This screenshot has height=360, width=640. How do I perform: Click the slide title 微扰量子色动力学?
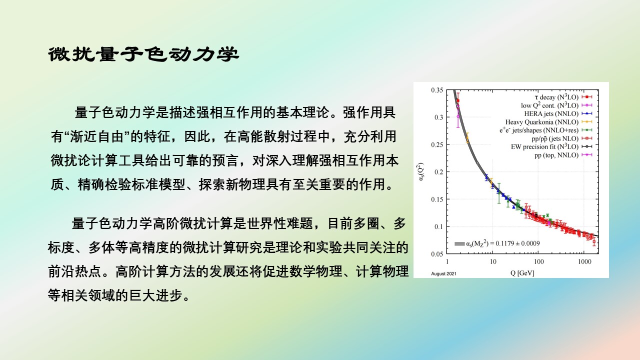pyautogui.click(x=143, y=54)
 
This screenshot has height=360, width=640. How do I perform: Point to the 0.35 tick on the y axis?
pyautogui.click(x=437, y=90)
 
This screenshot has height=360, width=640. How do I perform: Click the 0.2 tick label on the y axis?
pyautogui.click(x=439, y=172)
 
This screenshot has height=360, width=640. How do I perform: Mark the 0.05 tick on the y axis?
pyautogui.click(x=437, y=254)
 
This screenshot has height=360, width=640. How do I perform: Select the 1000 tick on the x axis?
pyautogui.click(x=584, y=261)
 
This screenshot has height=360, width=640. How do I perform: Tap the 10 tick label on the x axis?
pyautogui.click(x=493, y=261)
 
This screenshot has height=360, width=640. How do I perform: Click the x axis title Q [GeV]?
pyautogui.click(x=522, y=273)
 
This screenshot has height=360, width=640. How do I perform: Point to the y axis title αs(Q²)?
pyautogui.click(x=420, y=171)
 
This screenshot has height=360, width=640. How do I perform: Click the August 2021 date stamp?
pyautogui.click(x=443, y=273)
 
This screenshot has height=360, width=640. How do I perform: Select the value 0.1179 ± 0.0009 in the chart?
pyautogui.click(x=517, y=243)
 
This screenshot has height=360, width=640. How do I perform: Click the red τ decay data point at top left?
pyautogui.click(x=458, y=100)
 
